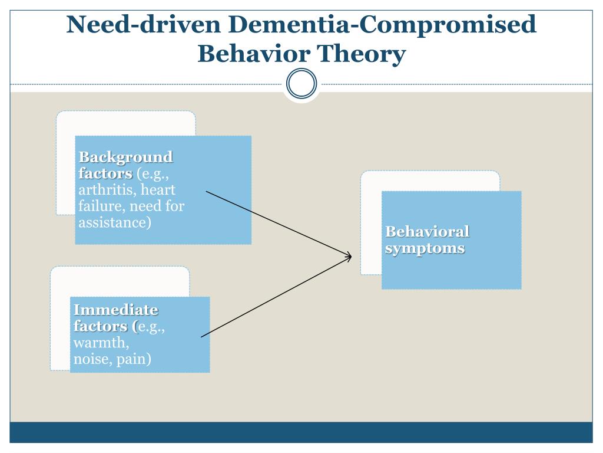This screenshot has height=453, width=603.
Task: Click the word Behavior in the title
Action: (253, 54)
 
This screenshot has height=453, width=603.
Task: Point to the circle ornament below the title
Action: (301, 84)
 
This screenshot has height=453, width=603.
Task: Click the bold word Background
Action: (126, 157)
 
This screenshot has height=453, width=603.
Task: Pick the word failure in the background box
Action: (101, 206)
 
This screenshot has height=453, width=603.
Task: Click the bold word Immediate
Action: (116, 310)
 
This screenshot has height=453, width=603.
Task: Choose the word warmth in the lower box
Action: (101, 343)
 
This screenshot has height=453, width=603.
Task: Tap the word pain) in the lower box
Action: (134, 359)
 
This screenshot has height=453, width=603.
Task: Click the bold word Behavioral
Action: (428, 231)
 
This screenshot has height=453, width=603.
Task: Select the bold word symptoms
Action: (425, 248)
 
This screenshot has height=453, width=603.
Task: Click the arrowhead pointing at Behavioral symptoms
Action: (349, 256)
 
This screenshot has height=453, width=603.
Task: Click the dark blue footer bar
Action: (301, 432)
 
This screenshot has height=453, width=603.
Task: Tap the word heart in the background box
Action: (158, 190)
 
